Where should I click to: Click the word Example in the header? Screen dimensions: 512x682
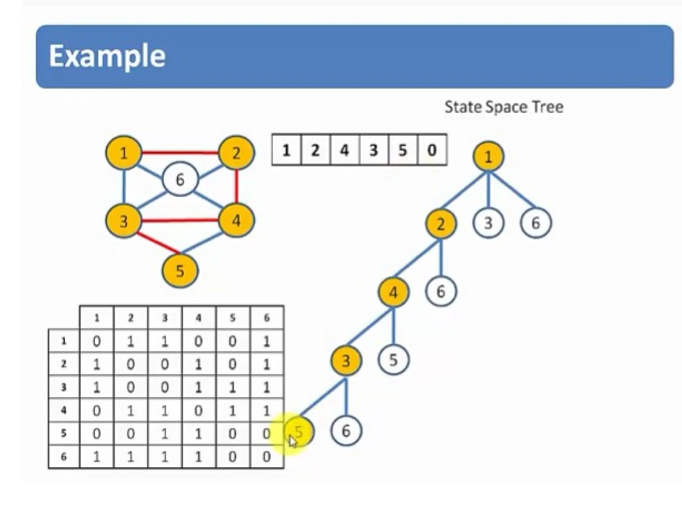[107, 56]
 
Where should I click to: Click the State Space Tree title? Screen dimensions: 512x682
[504, 107]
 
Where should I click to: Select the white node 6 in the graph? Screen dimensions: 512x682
[180, 180]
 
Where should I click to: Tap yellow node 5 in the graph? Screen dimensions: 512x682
[180, 270]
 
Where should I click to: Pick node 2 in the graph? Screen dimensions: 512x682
[236, 153]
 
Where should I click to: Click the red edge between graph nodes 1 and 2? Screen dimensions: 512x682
[180, 153]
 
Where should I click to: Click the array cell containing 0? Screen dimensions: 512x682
[432, 150]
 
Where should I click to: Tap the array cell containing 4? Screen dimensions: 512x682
[344, 150]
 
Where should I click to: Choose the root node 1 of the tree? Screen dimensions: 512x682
[488, 156]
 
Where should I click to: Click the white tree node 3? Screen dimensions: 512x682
[488, 223]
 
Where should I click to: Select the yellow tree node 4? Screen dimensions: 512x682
[393, 292]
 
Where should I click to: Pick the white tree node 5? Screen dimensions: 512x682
[393, 360]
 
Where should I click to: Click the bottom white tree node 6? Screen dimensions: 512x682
[346, 431]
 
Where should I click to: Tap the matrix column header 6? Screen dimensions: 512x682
[266, 318]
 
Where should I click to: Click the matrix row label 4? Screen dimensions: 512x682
[64, 410]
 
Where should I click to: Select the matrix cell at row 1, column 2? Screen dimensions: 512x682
[131, 341]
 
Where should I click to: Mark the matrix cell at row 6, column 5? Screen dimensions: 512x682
[232, 456]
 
